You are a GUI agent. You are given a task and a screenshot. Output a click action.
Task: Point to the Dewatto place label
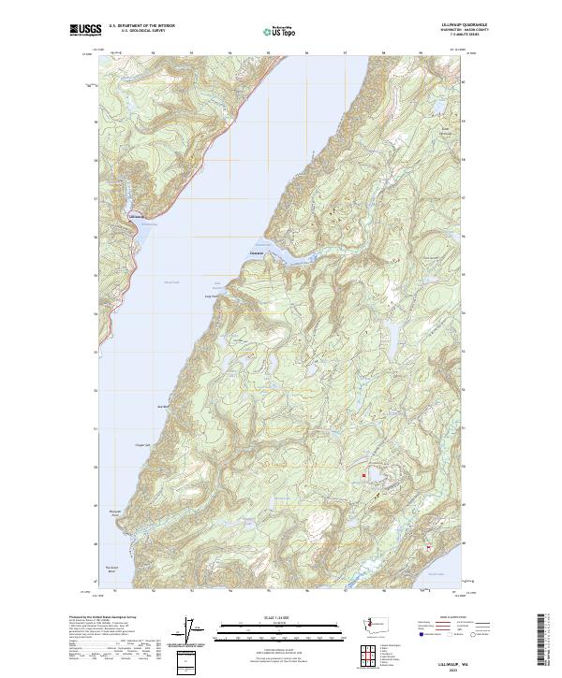pyautogui.click(x=259, y=252)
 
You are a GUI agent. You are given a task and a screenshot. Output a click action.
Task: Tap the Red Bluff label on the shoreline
pyautogui.click(x=161, y=406)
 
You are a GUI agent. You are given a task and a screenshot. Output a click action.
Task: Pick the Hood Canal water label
pyautogui.click(x=170, y=281)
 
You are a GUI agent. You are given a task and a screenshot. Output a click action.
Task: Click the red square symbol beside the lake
pyautogui.click(x=363, y=476)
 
